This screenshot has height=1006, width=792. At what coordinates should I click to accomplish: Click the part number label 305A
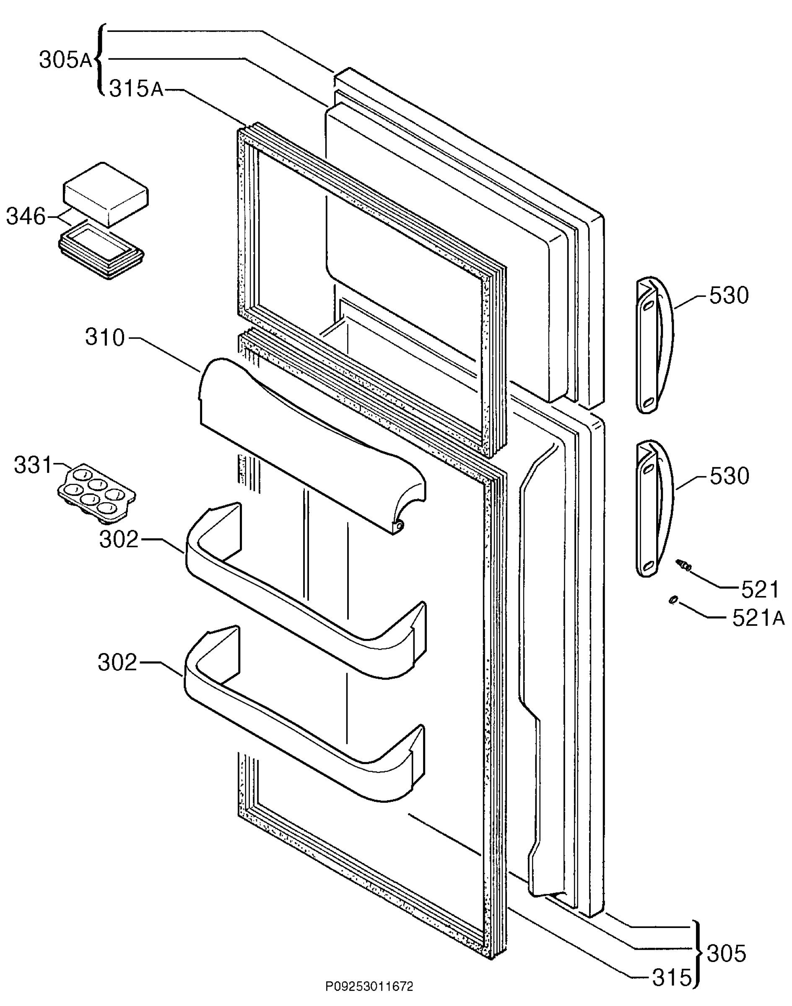[66, 60]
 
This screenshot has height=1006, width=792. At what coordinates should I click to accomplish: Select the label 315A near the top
[136, 88]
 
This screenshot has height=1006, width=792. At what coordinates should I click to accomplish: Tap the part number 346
[26, 217]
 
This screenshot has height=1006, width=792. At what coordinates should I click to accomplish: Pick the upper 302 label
[119, 539]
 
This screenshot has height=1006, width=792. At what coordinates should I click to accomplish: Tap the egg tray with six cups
[96, 494]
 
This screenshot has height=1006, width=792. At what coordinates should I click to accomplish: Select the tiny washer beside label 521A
[673, 600]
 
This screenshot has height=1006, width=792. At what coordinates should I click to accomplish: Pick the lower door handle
[654, 508]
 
